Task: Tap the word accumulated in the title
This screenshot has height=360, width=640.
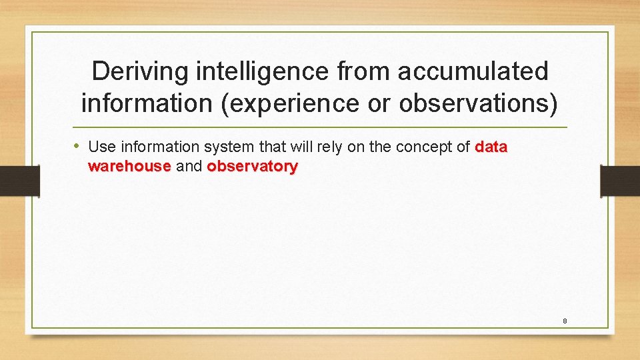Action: click(473, 71)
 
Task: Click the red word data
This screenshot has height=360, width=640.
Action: click(491, 147)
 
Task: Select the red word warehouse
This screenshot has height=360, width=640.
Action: click(129, 166)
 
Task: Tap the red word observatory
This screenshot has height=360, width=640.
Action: click(252, 166)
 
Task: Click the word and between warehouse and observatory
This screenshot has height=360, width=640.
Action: click(189, 166)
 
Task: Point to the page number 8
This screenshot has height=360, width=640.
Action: click(565, 321)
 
